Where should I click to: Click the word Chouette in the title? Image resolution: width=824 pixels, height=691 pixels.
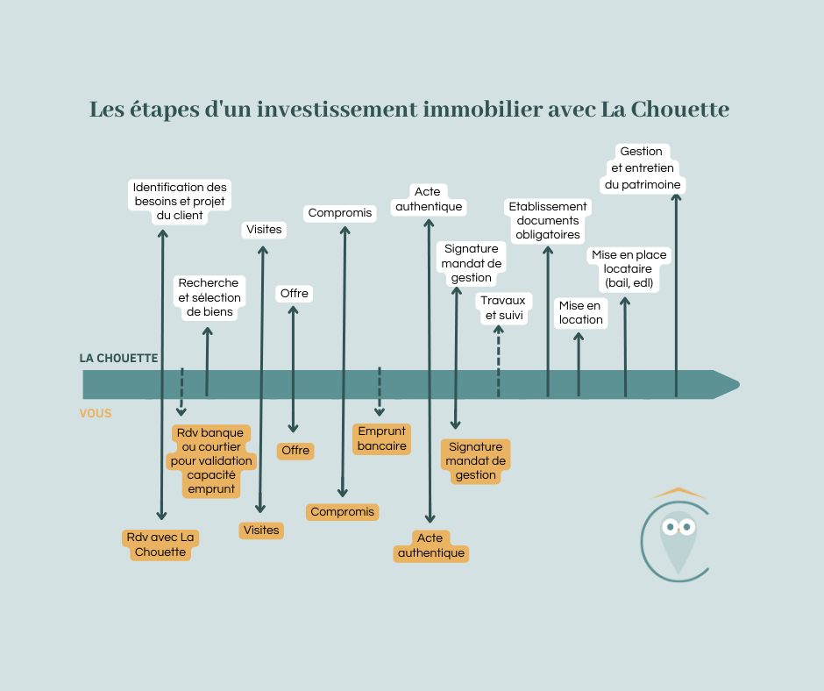tap(680, 109)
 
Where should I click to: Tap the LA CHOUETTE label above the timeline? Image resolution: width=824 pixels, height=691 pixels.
tap(118, 358)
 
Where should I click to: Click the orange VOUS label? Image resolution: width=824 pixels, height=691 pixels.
tap(96, 413)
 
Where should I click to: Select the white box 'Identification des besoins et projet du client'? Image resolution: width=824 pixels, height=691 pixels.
tap(180, 202)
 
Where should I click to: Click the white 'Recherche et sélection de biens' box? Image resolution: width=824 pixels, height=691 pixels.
tap(210, 297)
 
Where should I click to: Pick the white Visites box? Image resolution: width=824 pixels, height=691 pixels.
tap(264, 230)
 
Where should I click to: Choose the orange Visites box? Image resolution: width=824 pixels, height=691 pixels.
tap(261, 530)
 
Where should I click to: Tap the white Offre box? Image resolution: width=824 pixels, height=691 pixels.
tap(295, 294)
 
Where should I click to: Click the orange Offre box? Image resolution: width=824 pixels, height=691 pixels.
tap(295, 451)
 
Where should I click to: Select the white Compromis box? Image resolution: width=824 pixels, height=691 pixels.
tap(340, 213)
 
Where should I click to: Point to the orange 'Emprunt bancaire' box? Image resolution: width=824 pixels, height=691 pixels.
tap(382, 438)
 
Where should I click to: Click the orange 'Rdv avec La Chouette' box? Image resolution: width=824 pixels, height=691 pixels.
tap(160, 545)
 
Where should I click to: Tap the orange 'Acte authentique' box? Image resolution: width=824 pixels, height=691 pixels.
tap(431, 545)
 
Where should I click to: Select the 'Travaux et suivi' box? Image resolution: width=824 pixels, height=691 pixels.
tap(503, 308)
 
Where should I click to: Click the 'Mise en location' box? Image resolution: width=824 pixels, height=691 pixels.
tap(580, 313)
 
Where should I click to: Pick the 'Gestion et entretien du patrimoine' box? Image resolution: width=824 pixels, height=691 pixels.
tap(643, 168)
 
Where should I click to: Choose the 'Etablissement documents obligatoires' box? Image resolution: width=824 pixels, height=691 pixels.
tap(548, 221)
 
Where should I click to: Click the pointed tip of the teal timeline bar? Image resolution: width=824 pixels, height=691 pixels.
tap(739, 385)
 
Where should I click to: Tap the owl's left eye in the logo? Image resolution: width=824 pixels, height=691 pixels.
tap(670, 527)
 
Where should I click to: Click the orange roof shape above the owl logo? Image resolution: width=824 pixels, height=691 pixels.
tap(678, 493)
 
